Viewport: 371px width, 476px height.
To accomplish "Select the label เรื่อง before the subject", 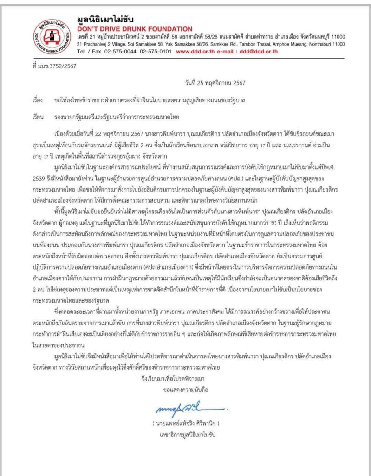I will [x=38, y=100].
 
